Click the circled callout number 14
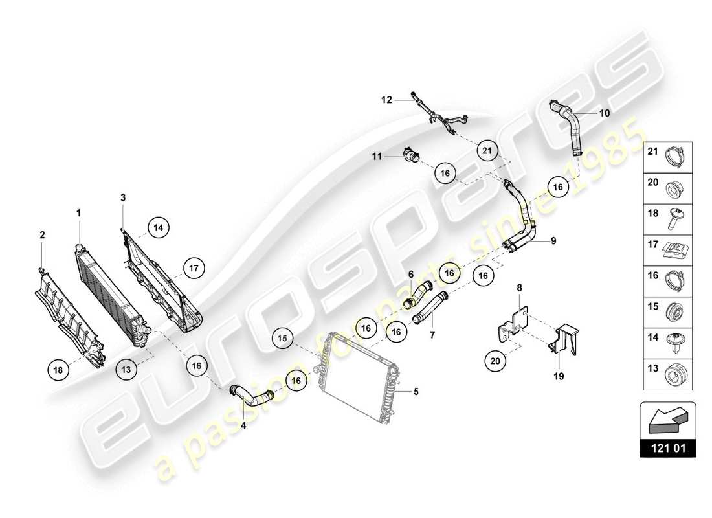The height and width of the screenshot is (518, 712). coord(158,227)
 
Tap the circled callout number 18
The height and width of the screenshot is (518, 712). coord(59,370)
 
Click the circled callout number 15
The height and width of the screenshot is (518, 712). coord(284,337)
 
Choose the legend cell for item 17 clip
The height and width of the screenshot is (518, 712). coord(668,248)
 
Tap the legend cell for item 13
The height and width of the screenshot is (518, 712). coord(668,373)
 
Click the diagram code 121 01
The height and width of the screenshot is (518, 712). coord(668,447)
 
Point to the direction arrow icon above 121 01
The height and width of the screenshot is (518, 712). coord(668,419)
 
